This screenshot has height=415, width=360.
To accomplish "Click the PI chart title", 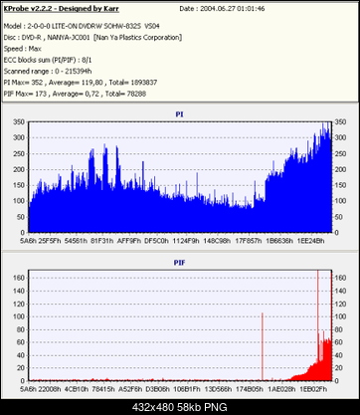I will point(179,114).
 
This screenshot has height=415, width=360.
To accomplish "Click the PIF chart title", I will point(179,263).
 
